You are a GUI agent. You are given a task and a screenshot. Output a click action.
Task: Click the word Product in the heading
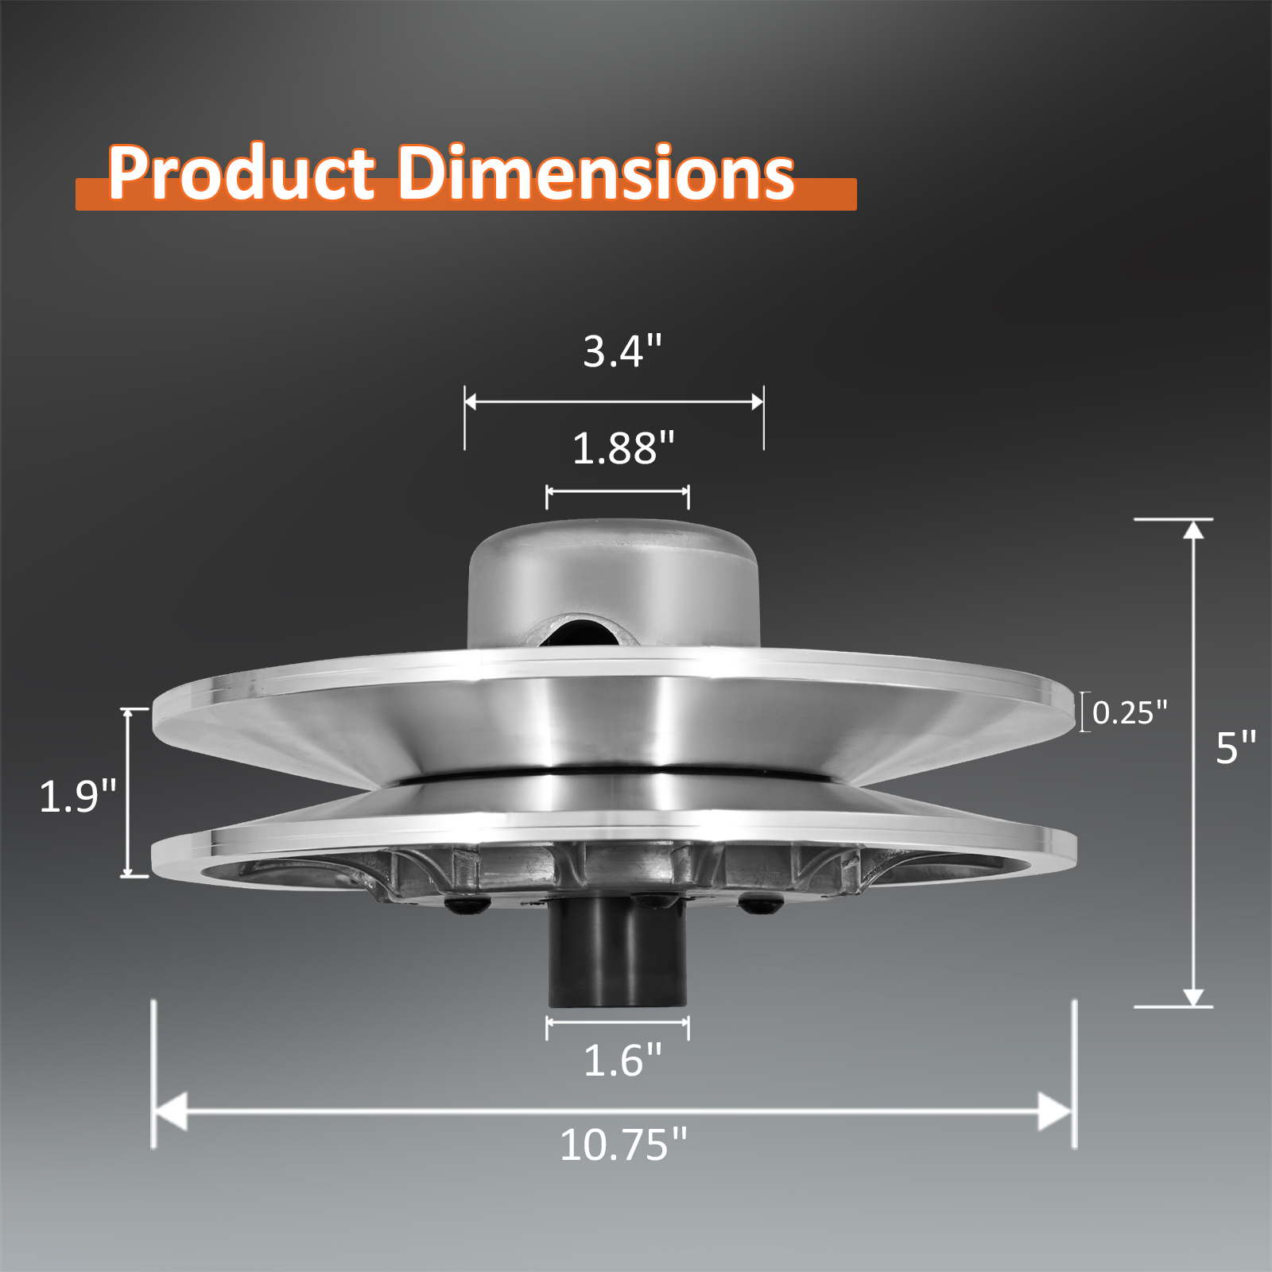pos(241,173)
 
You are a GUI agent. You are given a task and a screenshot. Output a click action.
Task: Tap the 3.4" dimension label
pos(622,351)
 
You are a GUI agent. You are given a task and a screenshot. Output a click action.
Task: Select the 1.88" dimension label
pos(622,448)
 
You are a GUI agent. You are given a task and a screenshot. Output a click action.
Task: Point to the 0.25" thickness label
pos(1129,712)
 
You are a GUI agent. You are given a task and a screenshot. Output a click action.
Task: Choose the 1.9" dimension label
pos(77,796)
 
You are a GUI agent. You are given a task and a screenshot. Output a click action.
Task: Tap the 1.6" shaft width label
pos(622,1061)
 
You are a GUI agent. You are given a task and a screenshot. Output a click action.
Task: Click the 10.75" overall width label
pos(622,1145)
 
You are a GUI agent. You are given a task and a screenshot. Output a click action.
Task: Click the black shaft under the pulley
pos(617,954)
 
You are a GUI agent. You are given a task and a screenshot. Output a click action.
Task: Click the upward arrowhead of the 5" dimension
pos(1193,529)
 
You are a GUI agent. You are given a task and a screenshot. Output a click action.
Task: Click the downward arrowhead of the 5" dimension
pos(1193,997)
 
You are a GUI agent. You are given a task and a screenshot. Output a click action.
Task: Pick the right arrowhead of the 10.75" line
pos(1056,1111)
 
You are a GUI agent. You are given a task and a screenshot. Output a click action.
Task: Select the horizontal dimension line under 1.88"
pos(617,492)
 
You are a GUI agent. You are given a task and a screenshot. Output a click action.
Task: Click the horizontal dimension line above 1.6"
pos(617,1022)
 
